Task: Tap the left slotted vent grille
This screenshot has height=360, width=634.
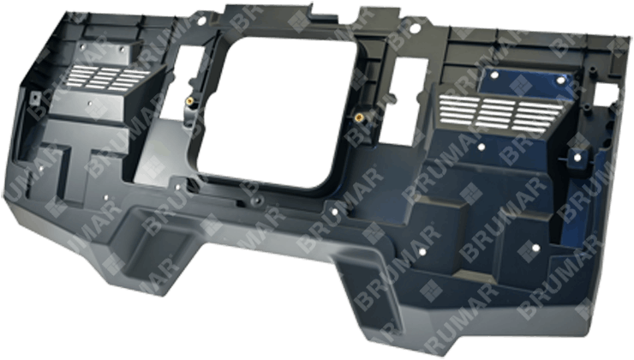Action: (109, 77)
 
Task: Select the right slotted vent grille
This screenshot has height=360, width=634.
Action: (500, 113)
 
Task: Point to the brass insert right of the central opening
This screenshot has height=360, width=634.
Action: (358, 117)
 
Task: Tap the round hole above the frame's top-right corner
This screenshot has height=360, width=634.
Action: (416, 29)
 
